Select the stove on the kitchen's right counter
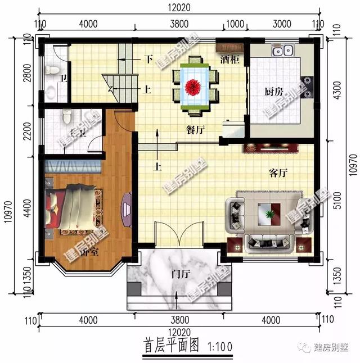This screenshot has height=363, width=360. point(308,87)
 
